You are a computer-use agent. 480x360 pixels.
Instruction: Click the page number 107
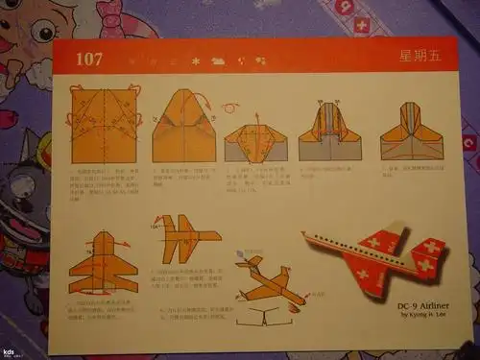(89, 60)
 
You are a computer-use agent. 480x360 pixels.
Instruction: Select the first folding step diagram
(105, 125)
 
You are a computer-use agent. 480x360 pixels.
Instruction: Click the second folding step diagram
(184, 126)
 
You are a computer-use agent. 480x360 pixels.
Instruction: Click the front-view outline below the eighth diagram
(268, 318)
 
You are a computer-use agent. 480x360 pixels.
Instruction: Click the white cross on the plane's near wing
(367, 279)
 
